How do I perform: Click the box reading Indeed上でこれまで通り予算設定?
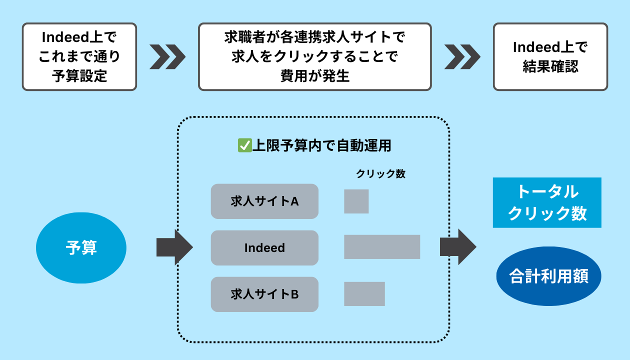[79, 56]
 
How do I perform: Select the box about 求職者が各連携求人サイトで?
[314, 56]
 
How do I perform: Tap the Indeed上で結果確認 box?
[550, 56]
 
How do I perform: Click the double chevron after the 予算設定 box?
[167, 56]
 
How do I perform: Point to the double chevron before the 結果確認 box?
[462, 56]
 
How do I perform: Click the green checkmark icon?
[244, 145]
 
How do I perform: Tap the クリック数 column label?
[380, 174]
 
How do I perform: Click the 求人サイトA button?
[264, 201]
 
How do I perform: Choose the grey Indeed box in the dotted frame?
[264, 247]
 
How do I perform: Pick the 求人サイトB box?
[264, 294]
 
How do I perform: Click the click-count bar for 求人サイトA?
[356, 201]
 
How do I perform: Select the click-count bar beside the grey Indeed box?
[382, 247]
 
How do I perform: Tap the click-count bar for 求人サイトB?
[364, 294]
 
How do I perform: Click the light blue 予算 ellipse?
[81, 247]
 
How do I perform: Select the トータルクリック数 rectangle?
[547, 202]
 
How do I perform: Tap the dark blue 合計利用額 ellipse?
[548, 276]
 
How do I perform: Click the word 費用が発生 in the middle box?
[314, 76]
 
